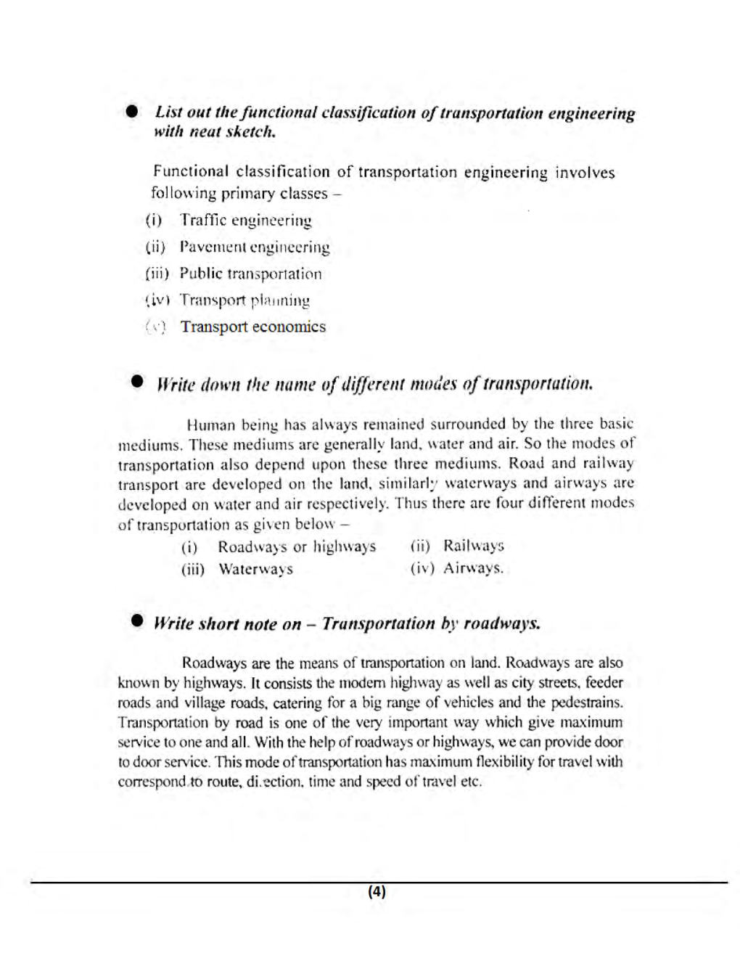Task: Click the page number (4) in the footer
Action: [377, 892]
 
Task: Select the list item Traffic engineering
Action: [245, 221]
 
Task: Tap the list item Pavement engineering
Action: [254, 247]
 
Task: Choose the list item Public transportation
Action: [250, 274]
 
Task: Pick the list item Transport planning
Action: [244, 300]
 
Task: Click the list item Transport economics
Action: [252, 327]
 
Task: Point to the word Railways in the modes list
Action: [473, 546]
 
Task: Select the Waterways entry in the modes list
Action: [255, 569]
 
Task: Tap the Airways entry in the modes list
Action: [473, 568]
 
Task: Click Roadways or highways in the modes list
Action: [297, 546]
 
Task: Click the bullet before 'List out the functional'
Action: [131, 112]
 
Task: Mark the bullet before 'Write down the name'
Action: [137, 382]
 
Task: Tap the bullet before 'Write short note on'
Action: [137, 621]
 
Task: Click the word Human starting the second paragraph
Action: [207, 425]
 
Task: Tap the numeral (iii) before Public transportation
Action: [157, 274]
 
